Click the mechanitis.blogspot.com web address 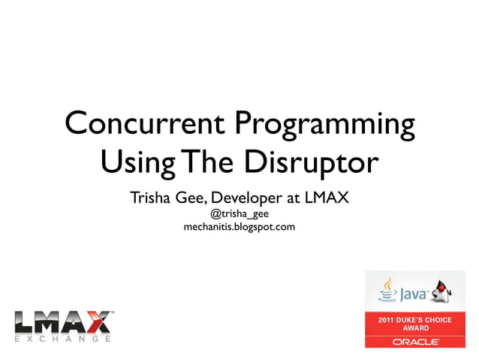239,226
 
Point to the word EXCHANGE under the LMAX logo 63,340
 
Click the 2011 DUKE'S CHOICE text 415,320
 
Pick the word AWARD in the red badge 415,328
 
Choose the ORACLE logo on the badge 415,342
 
